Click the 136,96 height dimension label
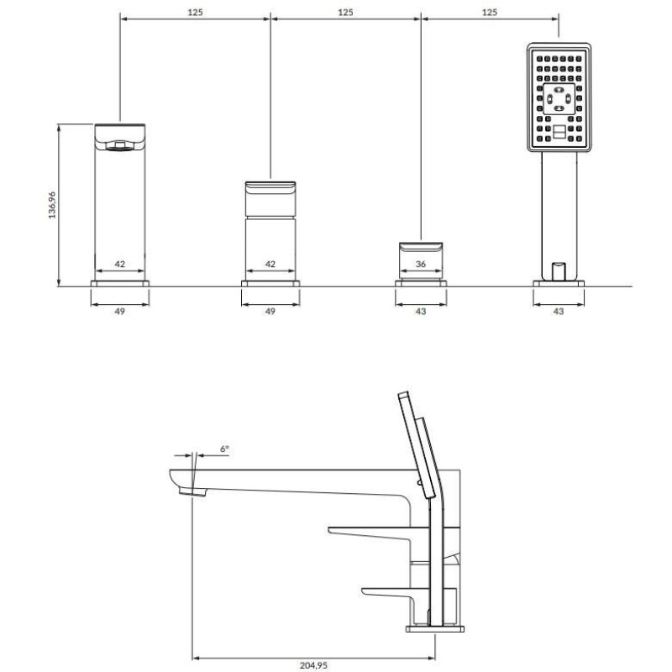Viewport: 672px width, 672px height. click(52, 205)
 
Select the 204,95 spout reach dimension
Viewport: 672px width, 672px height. click(313, 665)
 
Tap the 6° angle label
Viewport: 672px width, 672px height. click(224, 449)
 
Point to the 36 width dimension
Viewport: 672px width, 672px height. click(421, 264)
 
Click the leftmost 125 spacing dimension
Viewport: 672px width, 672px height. click(195, 12)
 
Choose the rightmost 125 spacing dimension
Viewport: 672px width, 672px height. click(490, 12)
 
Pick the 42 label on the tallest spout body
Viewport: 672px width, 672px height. click(119, 264)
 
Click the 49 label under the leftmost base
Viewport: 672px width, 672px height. click(119, 311)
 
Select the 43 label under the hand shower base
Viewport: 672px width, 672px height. click(559, 311)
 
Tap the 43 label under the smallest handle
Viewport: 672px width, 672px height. click(421, 311)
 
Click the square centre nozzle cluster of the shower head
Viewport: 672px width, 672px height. click(559, 99)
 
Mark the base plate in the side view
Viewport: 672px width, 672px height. click(434, 629)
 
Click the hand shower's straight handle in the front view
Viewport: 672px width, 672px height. click(559, 216)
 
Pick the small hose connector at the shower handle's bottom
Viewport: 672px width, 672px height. click(559, 270)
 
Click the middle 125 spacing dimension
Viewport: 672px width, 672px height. click(345, 12)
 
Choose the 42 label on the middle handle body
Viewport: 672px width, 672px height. click(270, 264)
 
